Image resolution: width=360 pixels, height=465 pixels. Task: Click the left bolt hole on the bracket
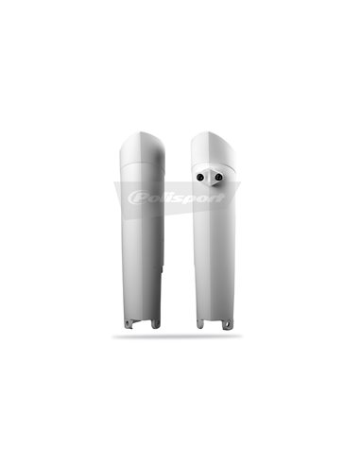201,178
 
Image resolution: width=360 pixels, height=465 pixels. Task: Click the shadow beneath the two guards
180,336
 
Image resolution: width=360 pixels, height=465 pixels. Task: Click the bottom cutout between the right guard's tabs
214,323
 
